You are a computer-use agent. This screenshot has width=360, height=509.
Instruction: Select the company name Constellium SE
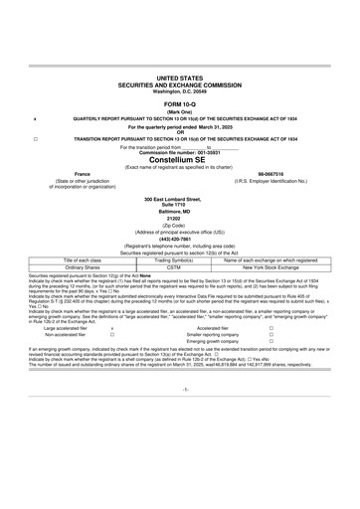[x=179, y=159]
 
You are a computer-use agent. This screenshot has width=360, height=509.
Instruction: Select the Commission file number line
[x=179, y=152]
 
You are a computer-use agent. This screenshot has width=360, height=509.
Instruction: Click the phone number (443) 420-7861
[x=179, y=238]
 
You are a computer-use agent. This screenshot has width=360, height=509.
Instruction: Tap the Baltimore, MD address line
[x=179, y=211]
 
